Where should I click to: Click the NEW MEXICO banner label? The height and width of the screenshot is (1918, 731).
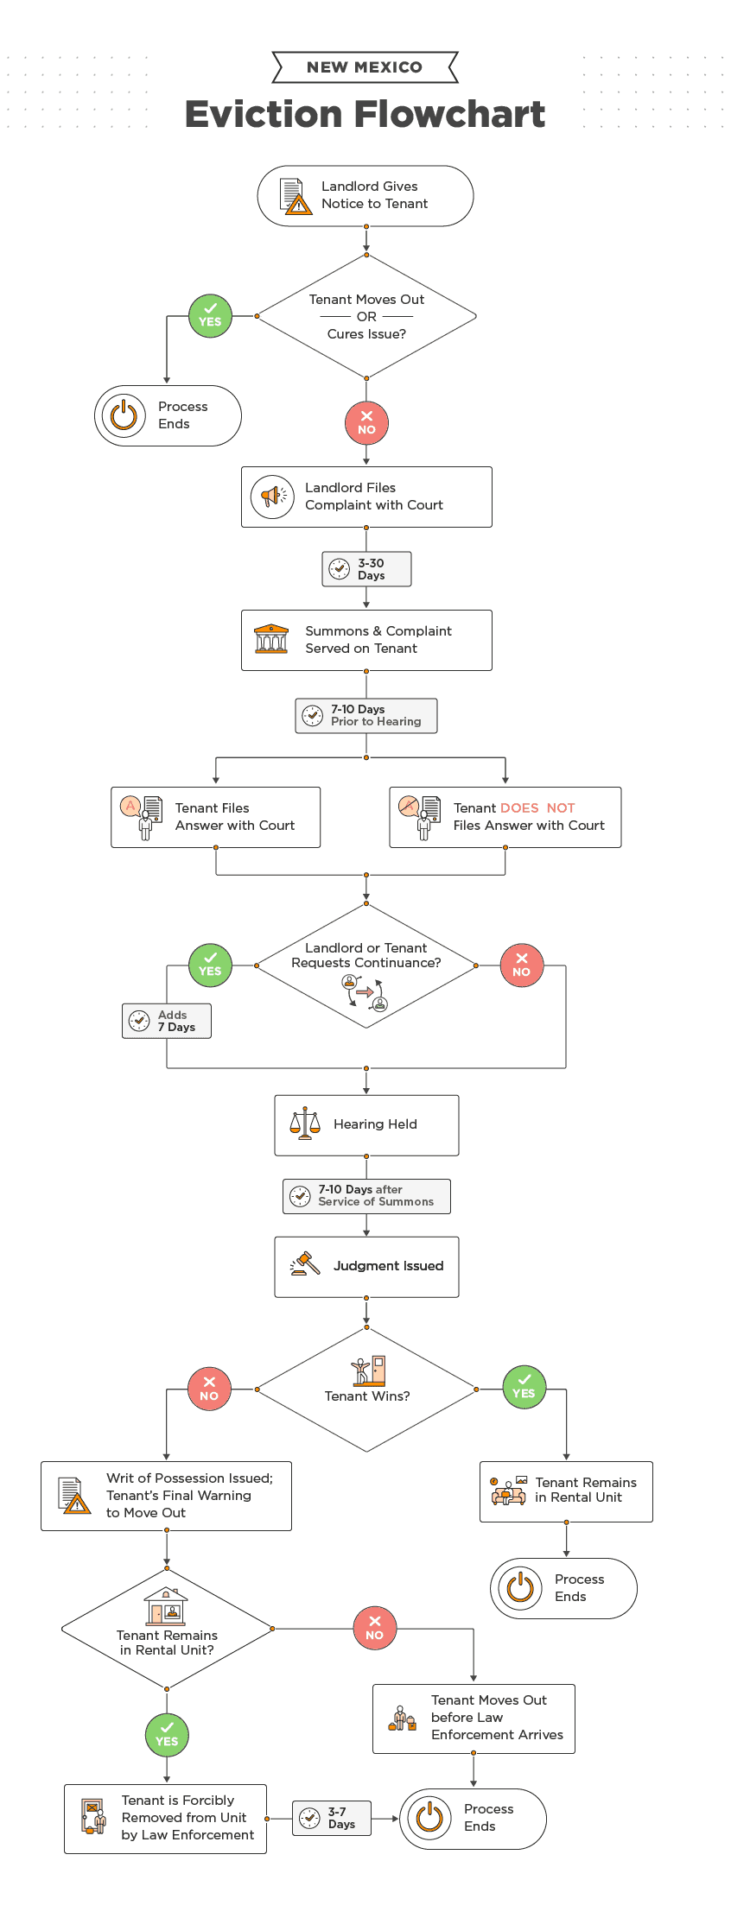(x=365, y=67)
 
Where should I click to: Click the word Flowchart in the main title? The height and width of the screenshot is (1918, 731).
(x=450, y=114)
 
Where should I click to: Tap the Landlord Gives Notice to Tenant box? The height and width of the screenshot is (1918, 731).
(x=365, y=196)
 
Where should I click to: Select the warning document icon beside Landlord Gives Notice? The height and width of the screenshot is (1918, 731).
(x=296, y=196)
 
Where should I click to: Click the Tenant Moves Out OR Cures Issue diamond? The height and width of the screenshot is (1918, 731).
(x=366, y=316)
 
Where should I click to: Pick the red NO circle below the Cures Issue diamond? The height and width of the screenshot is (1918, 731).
(x=366, y=422)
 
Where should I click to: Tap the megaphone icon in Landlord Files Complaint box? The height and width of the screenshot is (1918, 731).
(x=272, y=497)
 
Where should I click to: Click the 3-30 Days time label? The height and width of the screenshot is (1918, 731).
(x=366, y=569)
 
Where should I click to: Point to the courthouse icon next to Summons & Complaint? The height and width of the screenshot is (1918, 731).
(x=271, y=640)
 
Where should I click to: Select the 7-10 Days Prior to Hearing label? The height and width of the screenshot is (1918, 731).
(x=366, y=716)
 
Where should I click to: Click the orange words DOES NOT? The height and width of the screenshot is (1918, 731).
(x=537, y=808)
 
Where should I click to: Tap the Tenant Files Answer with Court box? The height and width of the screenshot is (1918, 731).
(x=215, y=817)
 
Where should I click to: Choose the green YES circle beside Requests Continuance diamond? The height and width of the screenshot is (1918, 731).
(x=210, y=965)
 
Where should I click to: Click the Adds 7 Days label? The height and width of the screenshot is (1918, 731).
(x=167, y=1021)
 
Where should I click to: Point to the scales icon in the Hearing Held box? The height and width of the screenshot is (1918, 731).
(x=304, y=1124)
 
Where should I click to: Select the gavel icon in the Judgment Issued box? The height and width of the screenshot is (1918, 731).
(x=304, y=1265)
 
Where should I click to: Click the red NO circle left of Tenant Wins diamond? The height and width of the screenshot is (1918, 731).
(x=209, y=1389)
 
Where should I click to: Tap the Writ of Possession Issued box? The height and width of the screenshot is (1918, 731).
(x=166, y=1496)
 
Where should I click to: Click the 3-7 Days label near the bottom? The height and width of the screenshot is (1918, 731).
(x=332, y=1818)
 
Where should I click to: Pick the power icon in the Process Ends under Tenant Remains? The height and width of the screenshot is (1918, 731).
(x=520, y=1587)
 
